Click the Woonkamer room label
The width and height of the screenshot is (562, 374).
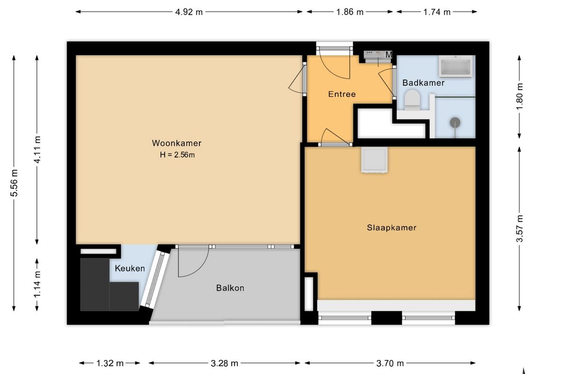click(177, 143)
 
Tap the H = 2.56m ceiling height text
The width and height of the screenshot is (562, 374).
click(177, 155)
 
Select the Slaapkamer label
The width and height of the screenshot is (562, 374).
click(392, 228)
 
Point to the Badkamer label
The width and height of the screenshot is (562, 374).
click(423, 83)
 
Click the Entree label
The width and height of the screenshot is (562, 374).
click(342, 94)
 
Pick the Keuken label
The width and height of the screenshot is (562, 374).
click(130, 268)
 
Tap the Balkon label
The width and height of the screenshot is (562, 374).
click(230, 288)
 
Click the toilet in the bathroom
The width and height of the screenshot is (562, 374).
click(412, 100)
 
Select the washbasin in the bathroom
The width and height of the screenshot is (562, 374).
click(456, 66)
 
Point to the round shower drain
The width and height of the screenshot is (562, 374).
click(455, 123)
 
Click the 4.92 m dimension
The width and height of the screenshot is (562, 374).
click(189, 12)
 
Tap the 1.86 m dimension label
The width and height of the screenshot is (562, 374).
click(350, 12)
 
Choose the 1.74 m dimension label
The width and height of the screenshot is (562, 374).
click(437, 12)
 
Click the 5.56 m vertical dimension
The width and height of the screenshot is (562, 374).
click(14, 183)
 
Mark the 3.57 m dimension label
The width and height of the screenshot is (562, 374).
click(519, 229)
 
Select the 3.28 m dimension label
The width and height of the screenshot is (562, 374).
click(224, 363)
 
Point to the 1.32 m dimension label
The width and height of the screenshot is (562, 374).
click(110, 363)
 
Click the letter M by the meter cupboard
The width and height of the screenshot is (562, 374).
click(389, 55)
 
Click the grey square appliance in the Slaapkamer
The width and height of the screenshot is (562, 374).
click(374, 160)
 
